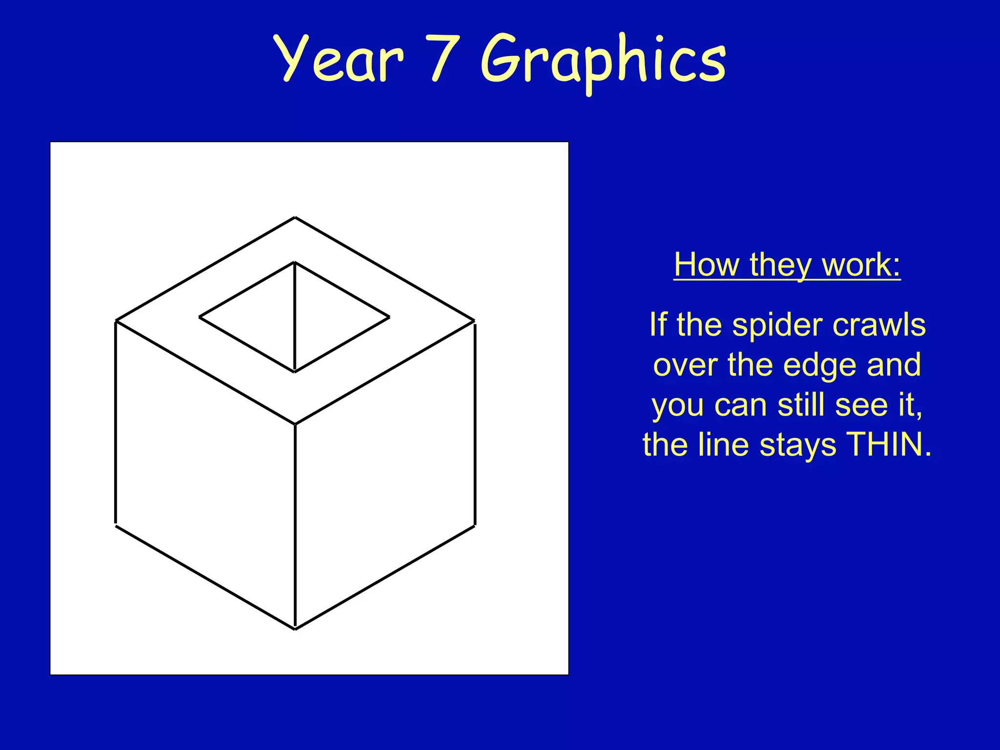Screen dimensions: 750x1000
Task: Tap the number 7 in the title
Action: (x=444, y=59)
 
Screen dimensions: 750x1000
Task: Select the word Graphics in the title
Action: (x=604, y=61)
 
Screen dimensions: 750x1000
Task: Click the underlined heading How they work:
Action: (x=787, y=265)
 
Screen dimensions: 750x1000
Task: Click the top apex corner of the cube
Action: (x=295, y=218)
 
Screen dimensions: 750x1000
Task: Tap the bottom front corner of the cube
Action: (x=295, y=629)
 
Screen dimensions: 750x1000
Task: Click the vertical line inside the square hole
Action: (x=294, y=317)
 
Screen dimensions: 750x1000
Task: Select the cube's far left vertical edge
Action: (x=116, y=423)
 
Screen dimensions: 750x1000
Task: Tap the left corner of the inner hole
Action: (x=200, y=317)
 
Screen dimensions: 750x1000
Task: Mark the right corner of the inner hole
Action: (x=389, y=317)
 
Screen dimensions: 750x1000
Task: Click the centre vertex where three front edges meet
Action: (x=295, y=424)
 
